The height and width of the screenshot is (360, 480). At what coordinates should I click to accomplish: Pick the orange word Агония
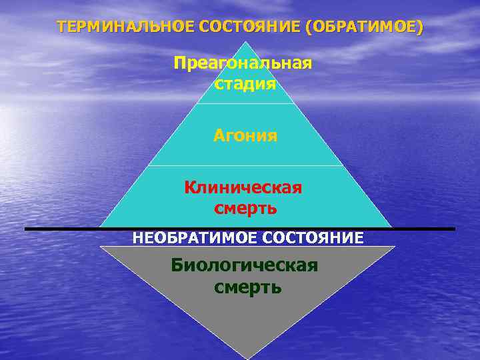pyautogui.click(x=245, y=136)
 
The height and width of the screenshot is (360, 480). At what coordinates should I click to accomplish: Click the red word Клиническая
pyautogui.click(x=243, y=187)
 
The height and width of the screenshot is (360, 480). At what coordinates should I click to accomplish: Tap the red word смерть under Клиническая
pyautogui.click(x=245, y=208)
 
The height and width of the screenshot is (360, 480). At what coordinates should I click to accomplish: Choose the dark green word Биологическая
pyautogui.click(x=244, y=265)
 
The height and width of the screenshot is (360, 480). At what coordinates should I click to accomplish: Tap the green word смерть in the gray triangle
pyautogui.click(x=248, y=287)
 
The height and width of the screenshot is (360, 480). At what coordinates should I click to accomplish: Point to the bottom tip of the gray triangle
pyautogui.click(x=247, y=358)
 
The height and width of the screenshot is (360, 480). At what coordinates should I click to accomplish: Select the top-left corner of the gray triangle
pyautogui.click(x=101, y=247)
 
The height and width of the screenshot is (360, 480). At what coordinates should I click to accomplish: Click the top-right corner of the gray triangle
pyautogui.click(x=394, y=247)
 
